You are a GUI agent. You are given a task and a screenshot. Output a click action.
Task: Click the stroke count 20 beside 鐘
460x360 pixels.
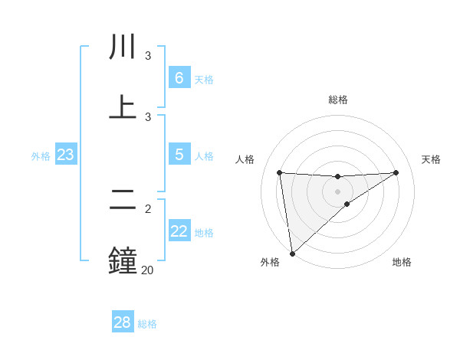147,270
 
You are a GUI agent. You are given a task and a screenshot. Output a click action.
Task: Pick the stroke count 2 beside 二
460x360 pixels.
147,208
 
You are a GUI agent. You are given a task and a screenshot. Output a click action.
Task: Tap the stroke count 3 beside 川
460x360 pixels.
147,56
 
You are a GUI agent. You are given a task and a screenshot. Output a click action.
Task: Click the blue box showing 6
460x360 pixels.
179,78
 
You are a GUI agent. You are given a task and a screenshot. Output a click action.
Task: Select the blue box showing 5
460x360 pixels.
179,155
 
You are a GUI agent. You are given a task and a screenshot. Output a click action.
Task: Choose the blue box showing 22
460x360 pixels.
179,231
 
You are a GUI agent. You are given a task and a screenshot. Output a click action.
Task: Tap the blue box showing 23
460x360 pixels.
65,155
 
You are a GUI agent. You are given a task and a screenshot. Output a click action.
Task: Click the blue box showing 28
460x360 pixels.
122,322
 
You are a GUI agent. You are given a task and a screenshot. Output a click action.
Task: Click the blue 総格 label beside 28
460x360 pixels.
147,324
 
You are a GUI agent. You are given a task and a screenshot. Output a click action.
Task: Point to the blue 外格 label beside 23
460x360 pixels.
41,156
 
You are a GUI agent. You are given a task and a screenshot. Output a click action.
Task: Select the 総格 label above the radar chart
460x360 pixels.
338,100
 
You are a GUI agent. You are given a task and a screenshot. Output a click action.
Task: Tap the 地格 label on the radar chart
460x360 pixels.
402,263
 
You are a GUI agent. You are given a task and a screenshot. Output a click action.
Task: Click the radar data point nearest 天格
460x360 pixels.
396,172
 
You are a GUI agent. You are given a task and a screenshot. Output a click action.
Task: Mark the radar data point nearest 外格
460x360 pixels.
292,253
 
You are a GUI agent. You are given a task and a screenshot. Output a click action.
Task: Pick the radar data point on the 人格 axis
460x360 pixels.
280,172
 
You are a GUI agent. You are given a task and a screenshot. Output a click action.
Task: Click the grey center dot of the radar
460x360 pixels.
338,191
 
